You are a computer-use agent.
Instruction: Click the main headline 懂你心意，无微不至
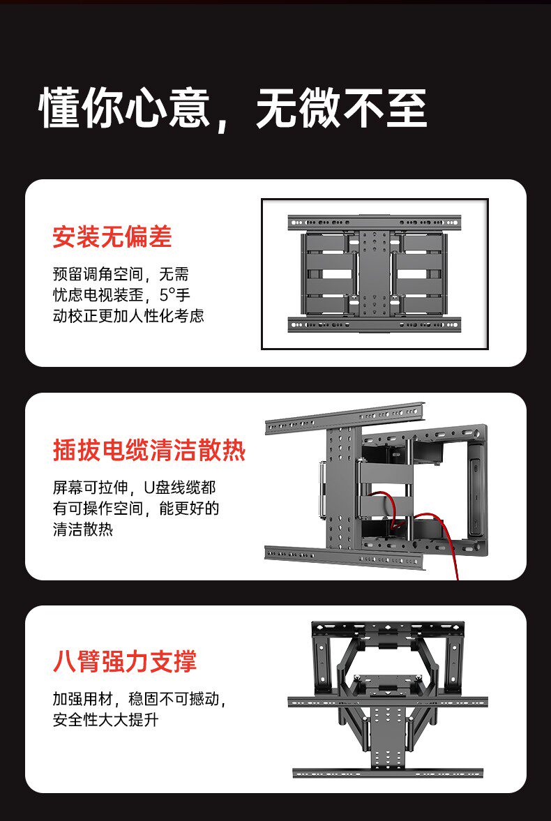click(x=232, y=108)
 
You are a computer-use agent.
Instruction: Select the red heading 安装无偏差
click(x=112, y=237)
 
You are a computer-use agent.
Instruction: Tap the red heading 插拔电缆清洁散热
click(x=149, y=451)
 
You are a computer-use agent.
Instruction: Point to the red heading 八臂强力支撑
click(x=124, y=661)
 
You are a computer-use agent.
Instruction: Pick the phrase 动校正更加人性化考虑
click(x=128, y=316)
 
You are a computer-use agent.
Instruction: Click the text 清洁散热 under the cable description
click(x=82, y=529)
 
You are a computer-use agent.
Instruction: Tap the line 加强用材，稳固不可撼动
click(x=139, y=699)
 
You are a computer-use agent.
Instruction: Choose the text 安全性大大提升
click(x=105, y=719)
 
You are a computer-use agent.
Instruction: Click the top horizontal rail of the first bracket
click(x=375, y=223)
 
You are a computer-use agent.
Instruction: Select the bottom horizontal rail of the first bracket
click(x=375, y=324)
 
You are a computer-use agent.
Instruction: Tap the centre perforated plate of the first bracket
click(x=375, y=273)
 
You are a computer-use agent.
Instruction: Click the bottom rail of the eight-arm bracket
click(x=388, y=773)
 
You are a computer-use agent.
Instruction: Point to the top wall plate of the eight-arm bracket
click(x=388, y=627)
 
